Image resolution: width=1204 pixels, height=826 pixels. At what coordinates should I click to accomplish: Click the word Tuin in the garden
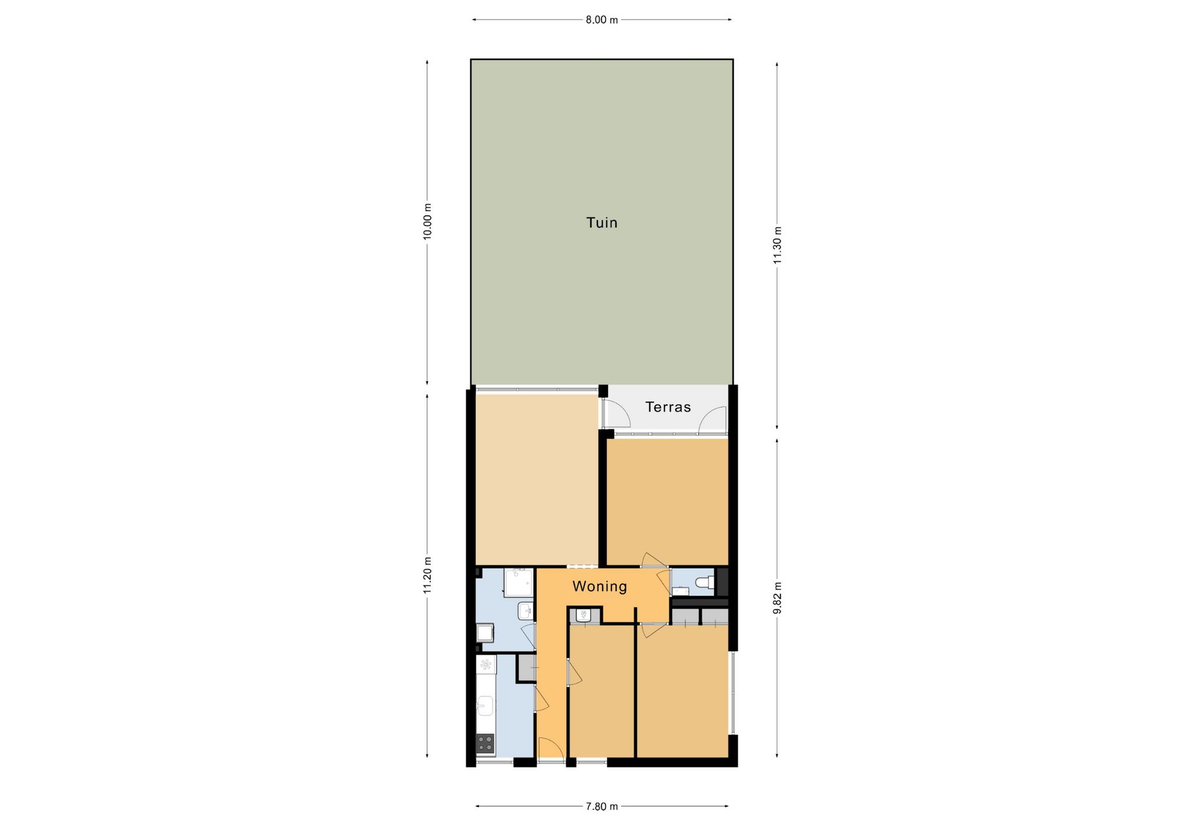pos(601,222)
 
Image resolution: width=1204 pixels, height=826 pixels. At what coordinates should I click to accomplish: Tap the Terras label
pos(668,407)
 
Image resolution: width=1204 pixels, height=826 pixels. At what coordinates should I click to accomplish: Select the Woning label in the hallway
pos(600,587)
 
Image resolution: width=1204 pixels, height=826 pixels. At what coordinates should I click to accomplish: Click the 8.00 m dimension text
pos(601,20)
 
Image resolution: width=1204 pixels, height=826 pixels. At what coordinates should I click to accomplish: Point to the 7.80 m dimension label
pos(601,807)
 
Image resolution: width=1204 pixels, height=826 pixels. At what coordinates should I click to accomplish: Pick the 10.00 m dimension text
pos(427,221)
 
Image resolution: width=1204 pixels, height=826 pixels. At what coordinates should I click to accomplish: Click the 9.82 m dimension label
pos(777,598)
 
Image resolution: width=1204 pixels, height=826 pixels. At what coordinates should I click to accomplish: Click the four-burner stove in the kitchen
pos(486,744)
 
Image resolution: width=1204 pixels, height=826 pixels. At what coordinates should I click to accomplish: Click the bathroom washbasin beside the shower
pos(526,611)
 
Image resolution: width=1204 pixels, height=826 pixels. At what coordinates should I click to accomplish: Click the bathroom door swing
pos(529,637)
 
